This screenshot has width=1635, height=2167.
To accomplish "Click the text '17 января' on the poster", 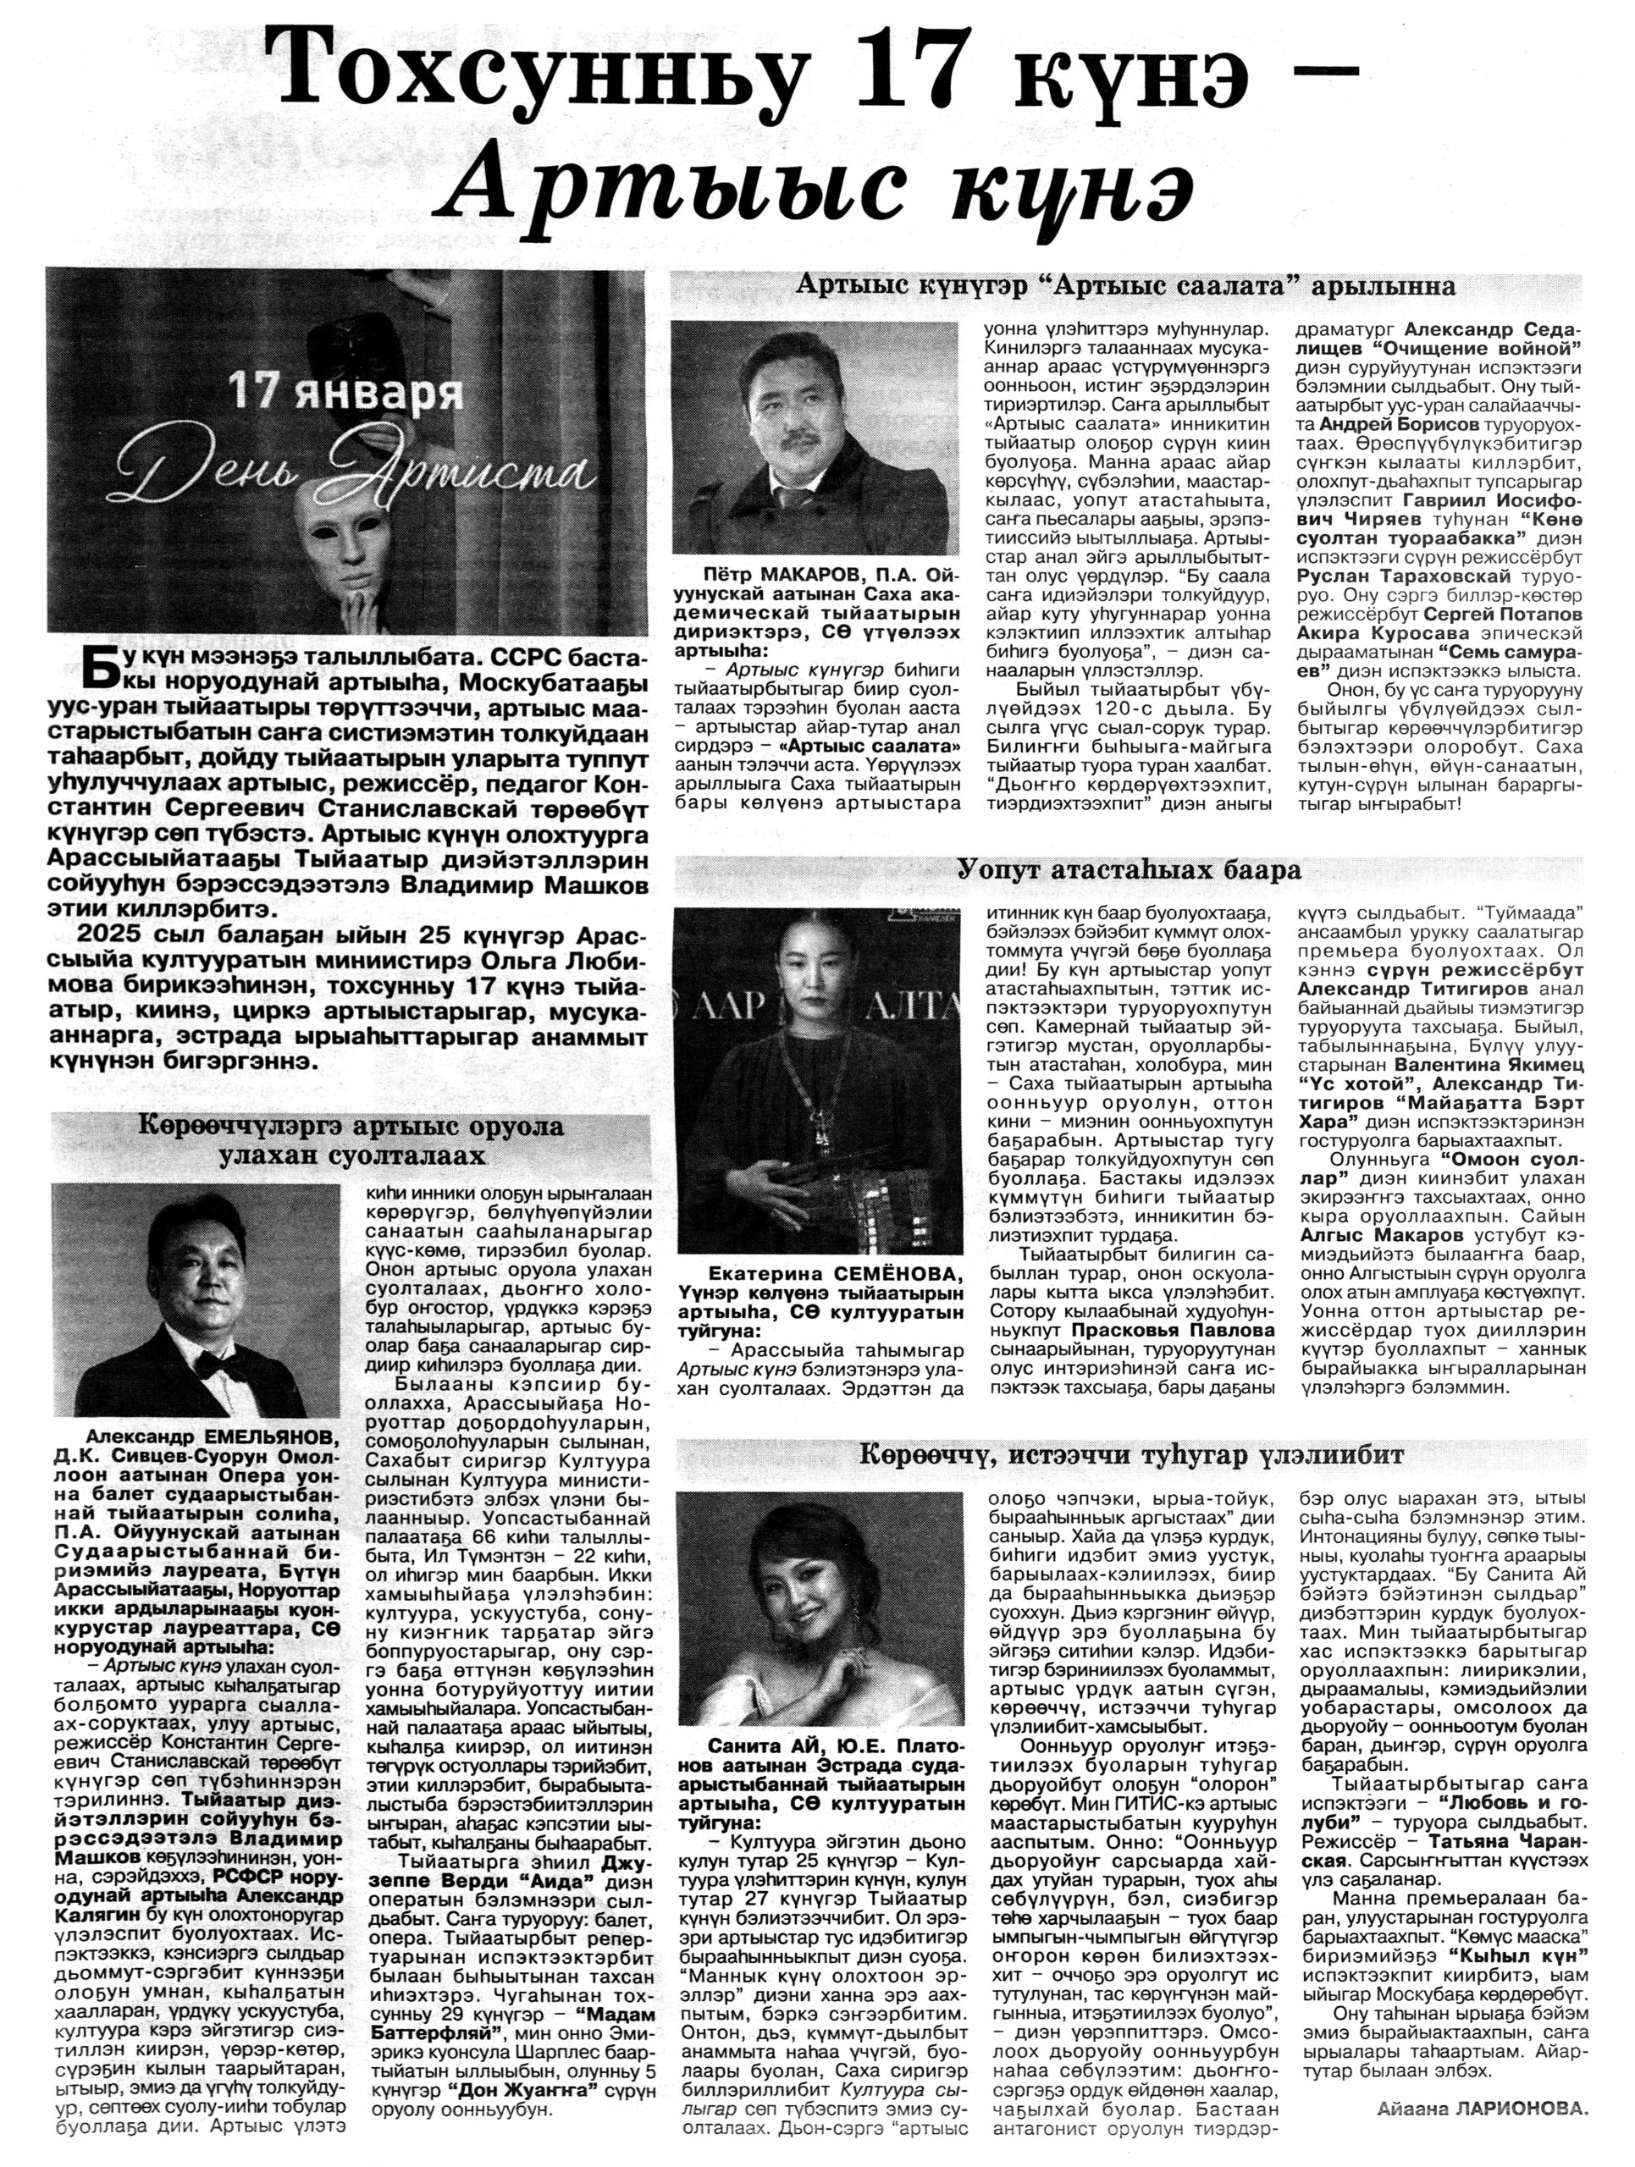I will point(345,391).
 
